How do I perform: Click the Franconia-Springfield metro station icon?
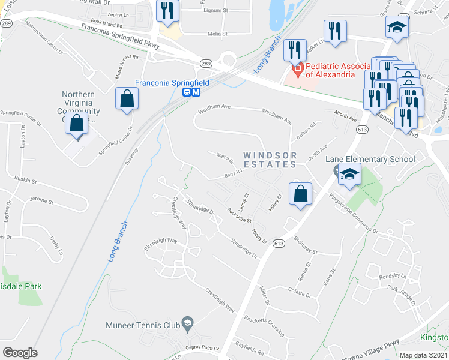click(196, 92)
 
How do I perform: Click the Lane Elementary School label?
click(370, 159)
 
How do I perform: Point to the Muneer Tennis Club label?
click(143, 325)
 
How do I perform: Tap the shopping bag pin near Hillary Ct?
click(301, 194)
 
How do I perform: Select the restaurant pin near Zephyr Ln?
click(167, 10)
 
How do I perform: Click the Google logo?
click(20, 353)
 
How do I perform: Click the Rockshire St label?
click(239, 215)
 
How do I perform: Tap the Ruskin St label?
click(26, 180)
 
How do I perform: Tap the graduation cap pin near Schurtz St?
click(396, 28)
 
